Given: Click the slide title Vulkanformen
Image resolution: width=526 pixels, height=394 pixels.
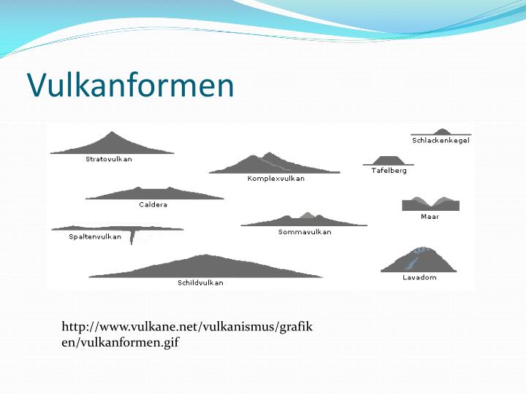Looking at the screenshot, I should pyautogui.click(x=131, y=85).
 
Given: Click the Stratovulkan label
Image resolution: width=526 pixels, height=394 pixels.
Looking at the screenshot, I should pyautogui.click(x=109, y=158).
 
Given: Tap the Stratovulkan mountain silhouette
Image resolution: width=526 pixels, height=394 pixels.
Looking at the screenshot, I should pyautogui.click(x=112, y=144).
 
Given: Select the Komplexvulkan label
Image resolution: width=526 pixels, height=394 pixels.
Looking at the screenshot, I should pyautogui.click(x=276, y=178).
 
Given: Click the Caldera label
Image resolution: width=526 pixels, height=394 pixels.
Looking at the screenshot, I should pyautogui.click(x=153, y=204).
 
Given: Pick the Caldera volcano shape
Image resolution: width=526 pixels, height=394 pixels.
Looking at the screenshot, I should pyautogui.click(x=153, y=194).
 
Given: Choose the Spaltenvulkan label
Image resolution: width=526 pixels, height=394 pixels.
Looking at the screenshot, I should pyautogui.click(x=95, y=236).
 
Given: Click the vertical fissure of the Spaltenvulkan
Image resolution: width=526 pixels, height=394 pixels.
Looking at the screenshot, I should pyautogui.click(x=132, y=236).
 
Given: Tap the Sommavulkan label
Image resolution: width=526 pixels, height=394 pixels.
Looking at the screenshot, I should pyautogui.click(x=305, y=232).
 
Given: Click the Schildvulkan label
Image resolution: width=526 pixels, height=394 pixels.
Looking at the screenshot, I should pyautogui.click(x=200, y=282).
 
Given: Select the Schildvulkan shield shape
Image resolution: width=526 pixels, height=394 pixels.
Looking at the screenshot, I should pyautogui.click(x=205, y=266).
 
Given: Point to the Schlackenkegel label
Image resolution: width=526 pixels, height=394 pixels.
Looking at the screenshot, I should pyautogui.click(x=441, y=140).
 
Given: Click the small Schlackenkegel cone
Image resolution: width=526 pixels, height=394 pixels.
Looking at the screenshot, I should pyautogui.click(x=441, y=131).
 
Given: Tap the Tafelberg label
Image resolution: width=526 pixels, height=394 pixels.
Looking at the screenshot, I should pyautogui.click(x=389, y=170).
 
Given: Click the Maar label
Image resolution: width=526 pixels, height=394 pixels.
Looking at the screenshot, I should pyautogui.click(x=430, y=217).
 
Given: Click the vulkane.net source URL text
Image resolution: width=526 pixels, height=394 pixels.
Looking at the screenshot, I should pyautogui.click(x=187, y=333).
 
